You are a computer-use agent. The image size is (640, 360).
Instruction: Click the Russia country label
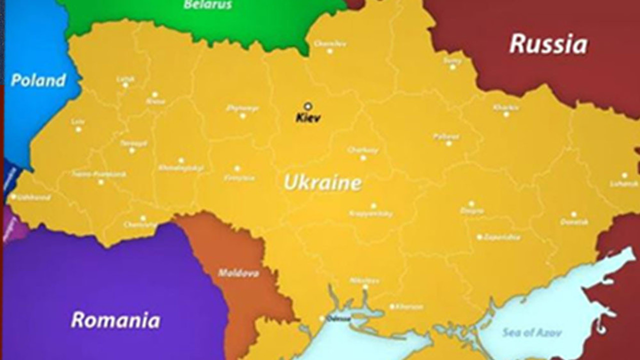click(x=548, y=44)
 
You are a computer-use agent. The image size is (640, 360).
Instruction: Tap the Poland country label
click(x=38, y=80)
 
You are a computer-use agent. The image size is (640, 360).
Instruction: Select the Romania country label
click(x=115, y=320)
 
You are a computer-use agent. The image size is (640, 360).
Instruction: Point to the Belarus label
click(x=208, y=5)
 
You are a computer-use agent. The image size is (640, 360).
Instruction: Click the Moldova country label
click(x=238, y=273)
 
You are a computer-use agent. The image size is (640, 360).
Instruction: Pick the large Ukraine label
click(x=322, y=182)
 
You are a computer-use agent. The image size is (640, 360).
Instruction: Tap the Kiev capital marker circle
click(x=308, y=106)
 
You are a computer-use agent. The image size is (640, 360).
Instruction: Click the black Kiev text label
click(x=308, y=118)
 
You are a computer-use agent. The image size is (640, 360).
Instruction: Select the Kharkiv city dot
click(x=506, y=114)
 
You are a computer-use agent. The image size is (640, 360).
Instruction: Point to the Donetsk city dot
click(x=573, y=214)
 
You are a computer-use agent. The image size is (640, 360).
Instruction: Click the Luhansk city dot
click(x=624, y=175)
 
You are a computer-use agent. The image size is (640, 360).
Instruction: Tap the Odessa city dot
click(x=322, y=318)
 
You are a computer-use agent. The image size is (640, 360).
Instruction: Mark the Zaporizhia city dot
click(x=479, y=237)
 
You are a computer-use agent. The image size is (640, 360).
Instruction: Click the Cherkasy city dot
click(x=363, y=158)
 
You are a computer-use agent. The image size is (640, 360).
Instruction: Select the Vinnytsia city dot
click(x=237, y=168)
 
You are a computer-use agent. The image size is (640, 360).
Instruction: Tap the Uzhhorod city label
click(x=33, y=197)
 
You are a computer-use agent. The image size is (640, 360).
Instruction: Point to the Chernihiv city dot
click(x=329, y=51)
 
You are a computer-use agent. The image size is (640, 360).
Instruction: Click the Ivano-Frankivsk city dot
click(x=101, y=182)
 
